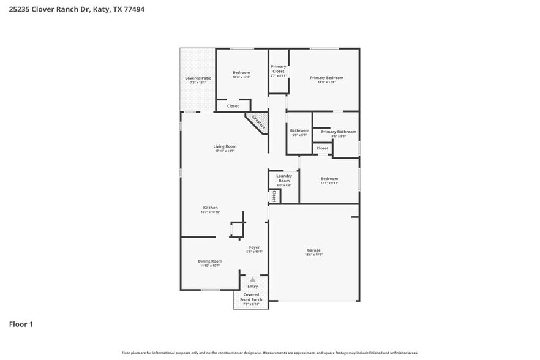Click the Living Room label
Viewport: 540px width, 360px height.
point(225,146)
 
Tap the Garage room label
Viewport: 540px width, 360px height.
point(314,250)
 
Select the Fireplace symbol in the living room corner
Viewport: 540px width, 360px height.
point(258,121)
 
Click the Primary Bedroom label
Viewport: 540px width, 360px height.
point(326,78)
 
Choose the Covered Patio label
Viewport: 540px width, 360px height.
point(198,78)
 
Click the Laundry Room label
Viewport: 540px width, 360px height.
point(283,178)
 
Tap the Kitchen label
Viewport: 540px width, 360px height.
point(210,208)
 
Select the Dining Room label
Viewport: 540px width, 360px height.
point(209,261)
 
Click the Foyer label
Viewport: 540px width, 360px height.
point(254,247)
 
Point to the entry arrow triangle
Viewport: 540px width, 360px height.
point(252,279)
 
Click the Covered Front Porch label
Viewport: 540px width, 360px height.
point(251,297)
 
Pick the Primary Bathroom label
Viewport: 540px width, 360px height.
point(338,132)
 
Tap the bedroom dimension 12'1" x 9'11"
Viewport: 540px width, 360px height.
point(329,183)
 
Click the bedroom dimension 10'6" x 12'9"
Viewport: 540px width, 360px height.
point(241,77)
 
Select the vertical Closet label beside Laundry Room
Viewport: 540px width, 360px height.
point(274,196)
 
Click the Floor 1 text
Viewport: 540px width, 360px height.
point(20,324)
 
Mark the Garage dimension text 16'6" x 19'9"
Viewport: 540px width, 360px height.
point(314,254)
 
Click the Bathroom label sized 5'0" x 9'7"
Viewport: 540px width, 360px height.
point(299,130)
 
